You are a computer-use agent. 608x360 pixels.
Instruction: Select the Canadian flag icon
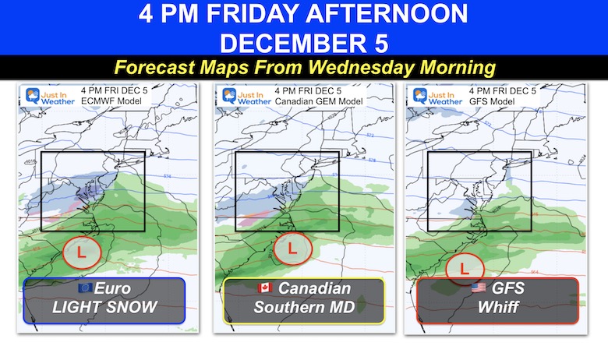267,288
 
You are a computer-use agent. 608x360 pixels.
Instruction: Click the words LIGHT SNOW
104,307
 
